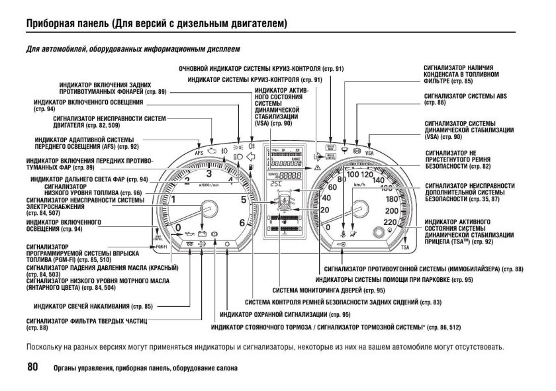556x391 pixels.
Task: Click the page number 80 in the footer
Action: point(32,367)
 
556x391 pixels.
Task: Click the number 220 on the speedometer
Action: point(390,222)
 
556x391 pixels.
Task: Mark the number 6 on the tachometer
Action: point(242,222)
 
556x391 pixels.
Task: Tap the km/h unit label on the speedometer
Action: point(360,185)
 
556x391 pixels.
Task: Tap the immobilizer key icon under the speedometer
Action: point(341,244)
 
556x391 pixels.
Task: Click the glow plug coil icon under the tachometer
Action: point(191,245)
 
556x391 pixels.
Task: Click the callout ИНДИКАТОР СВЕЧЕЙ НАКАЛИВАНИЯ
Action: point(93,306)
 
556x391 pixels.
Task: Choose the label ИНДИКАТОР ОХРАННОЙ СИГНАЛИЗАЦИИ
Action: point(285,314)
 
